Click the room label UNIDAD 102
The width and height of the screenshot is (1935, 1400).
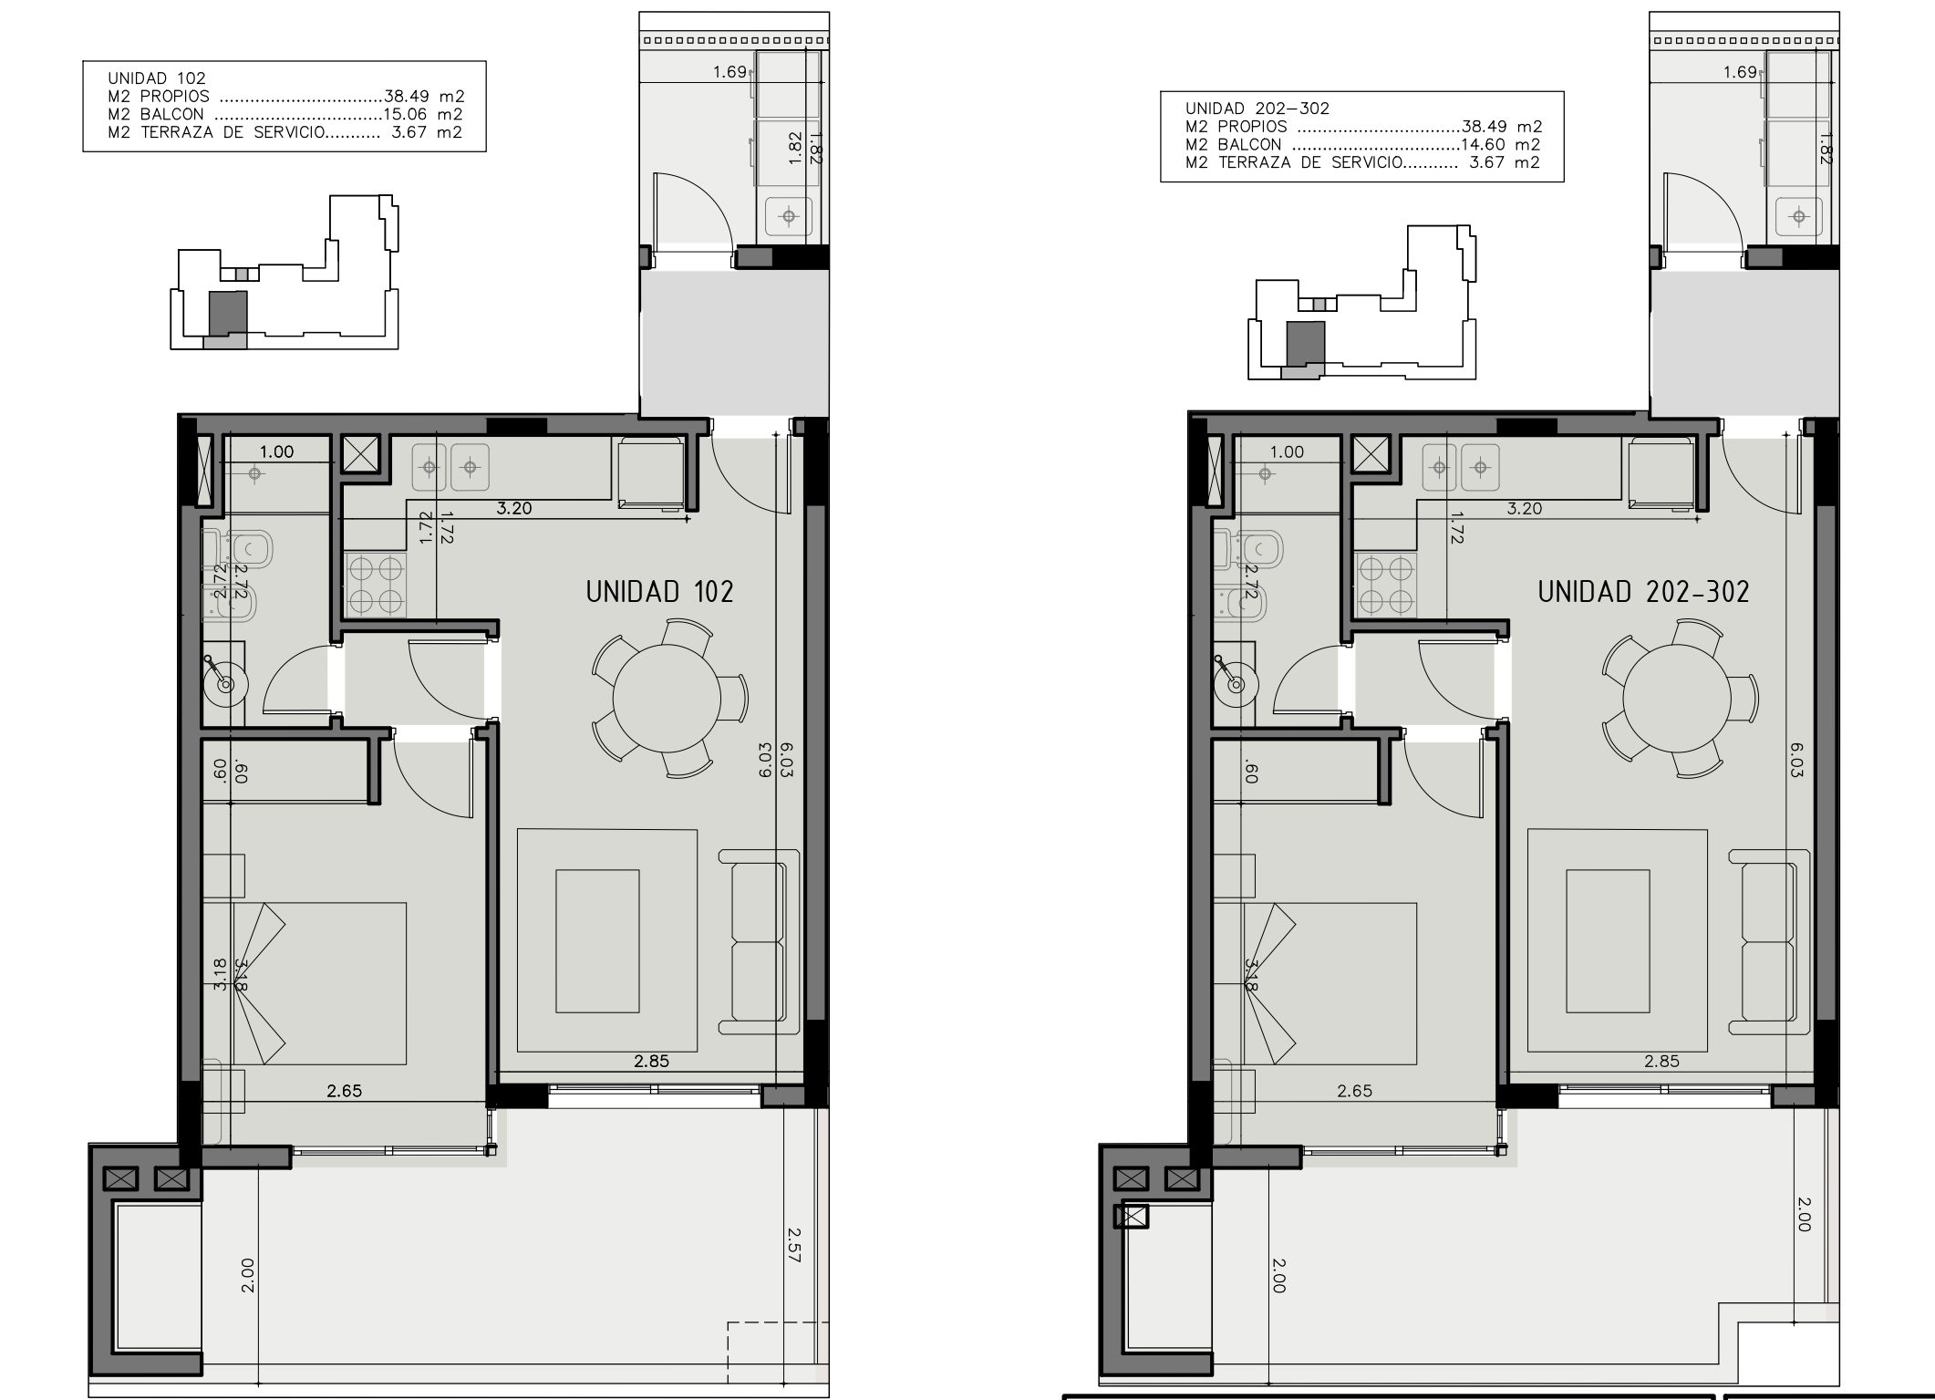pyautogui.click(x=659, y=592)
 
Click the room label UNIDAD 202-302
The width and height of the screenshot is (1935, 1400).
pyautogui.click(x=1643, y=592)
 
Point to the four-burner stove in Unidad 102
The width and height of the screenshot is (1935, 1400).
pyautogui.click(x=375, y=584)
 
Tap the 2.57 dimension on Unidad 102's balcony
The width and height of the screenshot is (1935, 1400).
pyautogui.click(x=793, y=1244)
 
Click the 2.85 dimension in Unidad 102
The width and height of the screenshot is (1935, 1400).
pyautogui.click(x=652, y=1061)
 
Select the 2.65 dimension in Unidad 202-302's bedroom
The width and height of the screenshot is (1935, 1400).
pyautogui.click(x=1354, y=1091)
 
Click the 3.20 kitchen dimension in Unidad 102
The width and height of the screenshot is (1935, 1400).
pyautogui.click(x=514, y=508)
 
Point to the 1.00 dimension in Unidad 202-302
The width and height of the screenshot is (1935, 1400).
pyautogui.click(x=1287, y=451)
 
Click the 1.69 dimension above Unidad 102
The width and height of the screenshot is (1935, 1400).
pyautogui.click(x=730, y=71)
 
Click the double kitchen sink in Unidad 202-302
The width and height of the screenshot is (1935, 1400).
pyautogui.click(x=1459, y=467)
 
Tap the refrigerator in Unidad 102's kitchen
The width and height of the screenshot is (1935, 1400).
pyautogui.click(x=652, y=472)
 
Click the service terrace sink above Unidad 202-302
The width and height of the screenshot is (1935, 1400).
pyautogui.click(x=1798, y=216)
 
